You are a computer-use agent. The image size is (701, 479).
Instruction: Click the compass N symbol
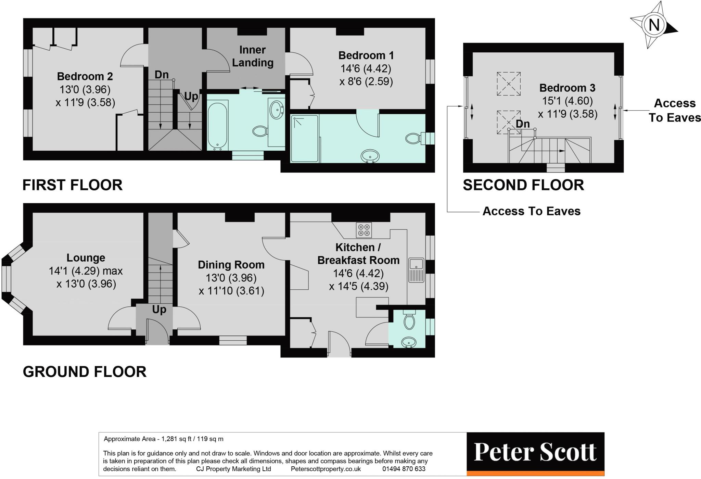click(x=654, y=25)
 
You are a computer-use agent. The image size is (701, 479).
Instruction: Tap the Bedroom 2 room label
click(x=85, y=76)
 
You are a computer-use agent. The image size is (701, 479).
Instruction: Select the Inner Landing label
click(x=253, y=56)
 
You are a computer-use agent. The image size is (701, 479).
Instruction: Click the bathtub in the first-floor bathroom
click(x=217, y=125)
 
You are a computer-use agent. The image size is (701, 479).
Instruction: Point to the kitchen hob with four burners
click(x=364, y=230)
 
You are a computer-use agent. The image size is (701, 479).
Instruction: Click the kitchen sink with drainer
click(x=416, y=270)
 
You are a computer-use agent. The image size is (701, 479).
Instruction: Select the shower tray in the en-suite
click(x=305, y=139)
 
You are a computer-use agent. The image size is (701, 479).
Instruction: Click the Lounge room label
click(x=86, y=257)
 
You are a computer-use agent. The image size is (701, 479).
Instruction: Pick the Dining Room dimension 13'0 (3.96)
click(x=231, y=278)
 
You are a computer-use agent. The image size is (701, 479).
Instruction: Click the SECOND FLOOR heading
click(x=523, y=185)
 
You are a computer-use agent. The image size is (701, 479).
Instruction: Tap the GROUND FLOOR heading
click(x=85, y=371)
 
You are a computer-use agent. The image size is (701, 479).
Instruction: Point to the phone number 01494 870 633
click(x=404, y=469)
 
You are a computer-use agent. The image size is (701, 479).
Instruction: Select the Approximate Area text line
click(x=164, y=439)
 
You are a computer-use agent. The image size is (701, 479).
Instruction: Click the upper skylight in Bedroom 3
click(x=509, y=84)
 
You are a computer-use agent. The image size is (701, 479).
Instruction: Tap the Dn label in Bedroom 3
click(x=523, y=124)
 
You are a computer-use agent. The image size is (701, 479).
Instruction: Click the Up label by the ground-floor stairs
click(x=159, y=309)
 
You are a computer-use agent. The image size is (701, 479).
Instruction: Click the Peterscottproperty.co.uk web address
click(x=326, y=469)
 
